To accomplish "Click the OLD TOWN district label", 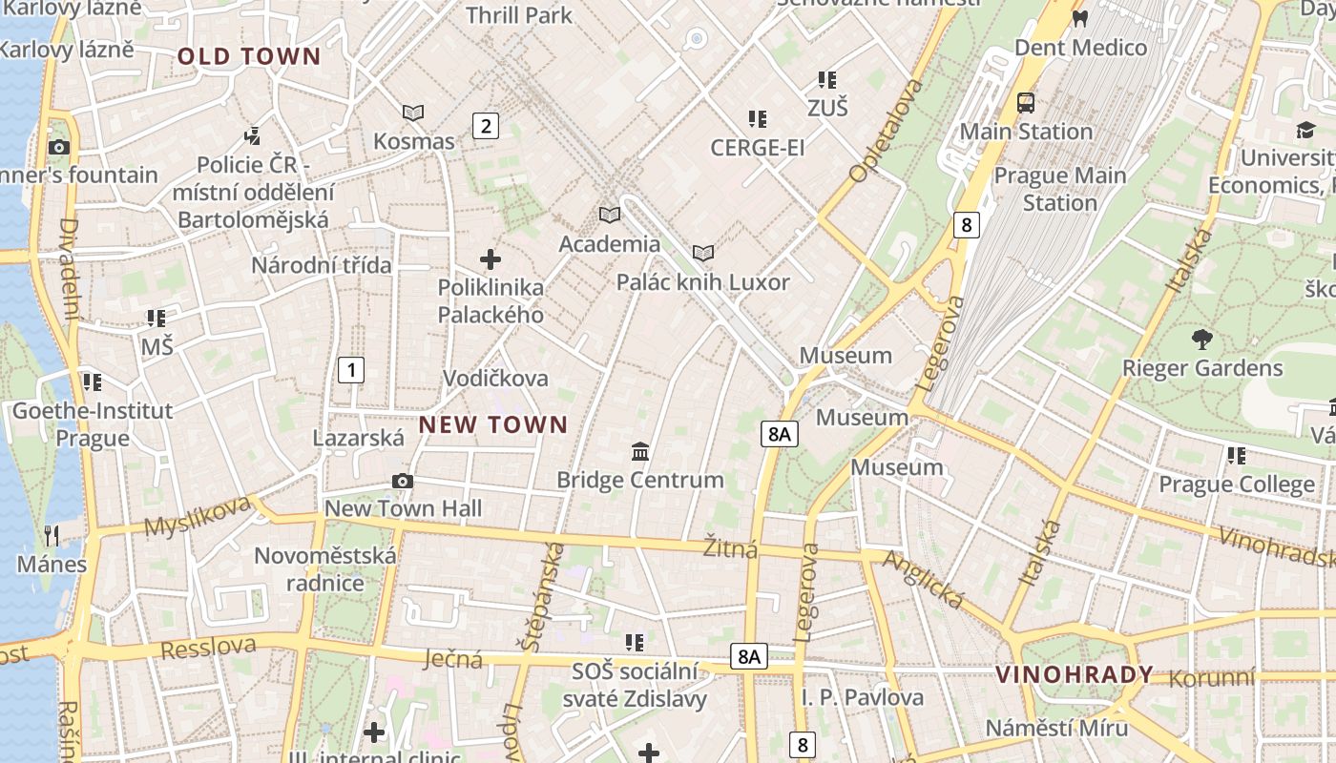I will point(249,56).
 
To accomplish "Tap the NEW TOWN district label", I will point(493,425).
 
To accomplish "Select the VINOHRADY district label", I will point(1075,675).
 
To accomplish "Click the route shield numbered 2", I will point(486,125).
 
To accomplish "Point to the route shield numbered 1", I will point(351,369).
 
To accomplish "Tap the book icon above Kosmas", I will point(412,113).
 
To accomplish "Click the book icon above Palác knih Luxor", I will point(703,253).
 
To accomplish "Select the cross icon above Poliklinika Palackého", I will point(491,259).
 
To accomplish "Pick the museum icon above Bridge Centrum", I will point(640,451).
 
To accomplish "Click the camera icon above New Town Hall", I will point(403,481).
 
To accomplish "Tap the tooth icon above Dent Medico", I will point(1080,18).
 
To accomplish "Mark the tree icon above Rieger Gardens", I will point(1202,339).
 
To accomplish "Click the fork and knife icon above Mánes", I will point(52,535).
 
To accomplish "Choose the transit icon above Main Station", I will point(1026,103).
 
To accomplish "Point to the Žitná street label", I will point(730,549).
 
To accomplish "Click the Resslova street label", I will point(208,649).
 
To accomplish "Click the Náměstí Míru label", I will point(1056,728).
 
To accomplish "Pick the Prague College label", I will point(1236,485).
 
